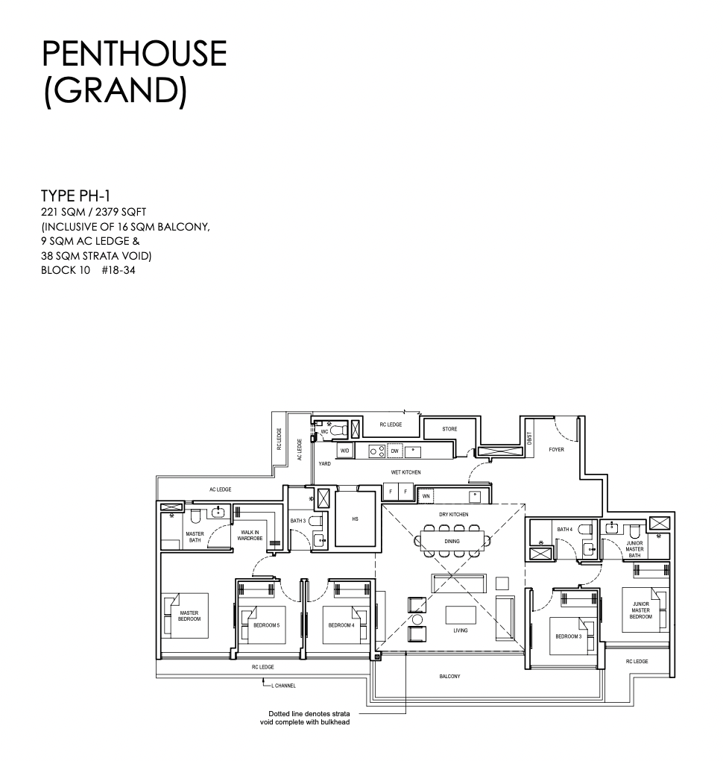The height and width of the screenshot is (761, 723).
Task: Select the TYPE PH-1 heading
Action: click(75, 195)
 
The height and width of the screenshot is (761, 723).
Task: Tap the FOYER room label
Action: click(556, 449)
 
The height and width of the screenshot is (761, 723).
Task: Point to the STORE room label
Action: click(449, 429)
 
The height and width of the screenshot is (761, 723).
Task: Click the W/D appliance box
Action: click(344, 451)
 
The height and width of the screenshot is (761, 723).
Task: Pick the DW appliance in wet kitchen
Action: click(395, 451)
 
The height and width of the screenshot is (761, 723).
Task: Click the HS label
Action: click(355, 519)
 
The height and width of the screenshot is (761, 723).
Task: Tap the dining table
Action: click(452, 541)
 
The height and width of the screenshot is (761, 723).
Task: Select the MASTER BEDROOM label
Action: click(189, 616)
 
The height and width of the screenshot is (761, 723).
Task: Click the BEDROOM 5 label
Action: click(266, 625)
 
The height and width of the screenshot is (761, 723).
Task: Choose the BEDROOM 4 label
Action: click(341, 625)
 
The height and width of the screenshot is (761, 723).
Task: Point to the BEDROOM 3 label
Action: click(568, 636)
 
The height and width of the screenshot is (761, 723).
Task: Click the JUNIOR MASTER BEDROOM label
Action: click(640, 610)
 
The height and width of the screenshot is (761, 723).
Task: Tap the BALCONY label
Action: click(449, 676)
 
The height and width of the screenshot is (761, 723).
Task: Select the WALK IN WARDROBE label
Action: click(250, 536)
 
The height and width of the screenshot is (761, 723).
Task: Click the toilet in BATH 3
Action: click(316, 522)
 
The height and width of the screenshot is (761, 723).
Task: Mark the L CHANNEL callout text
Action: click(283, 686)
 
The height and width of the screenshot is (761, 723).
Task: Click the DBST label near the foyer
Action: click(529, 438)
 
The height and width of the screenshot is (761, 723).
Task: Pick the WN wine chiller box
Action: click(426, 496)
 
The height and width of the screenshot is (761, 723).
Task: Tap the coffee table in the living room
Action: click(461, 615)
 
